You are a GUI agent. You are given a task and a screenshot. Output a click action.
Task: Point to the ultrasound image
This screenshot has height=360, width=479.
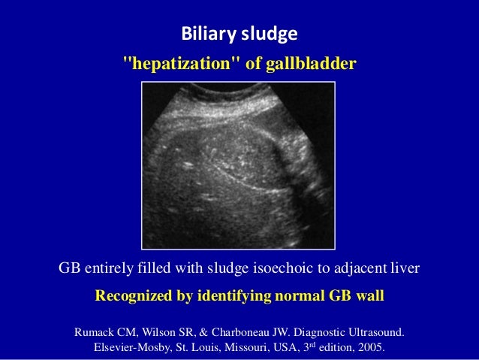239,165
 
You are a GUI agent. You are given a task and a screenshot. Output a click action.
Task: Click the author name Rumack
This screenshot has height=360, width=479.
95,331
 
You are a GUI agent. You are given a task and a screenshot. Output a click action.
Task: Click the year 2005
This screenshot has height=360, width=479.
368,349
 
